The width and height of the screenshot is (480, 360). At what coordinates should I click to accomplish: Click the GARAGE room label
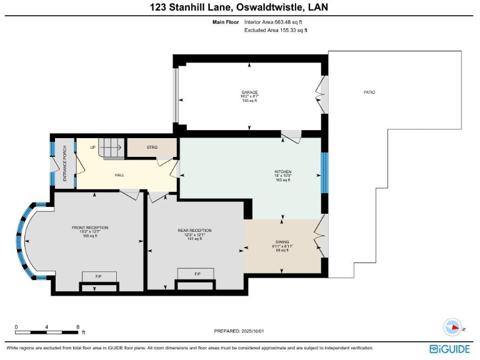pyautogui.click(x=249, y=92)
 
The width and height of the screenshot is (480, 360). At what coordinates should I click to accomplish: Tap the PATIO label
pyautogui.click(x=369, y=92)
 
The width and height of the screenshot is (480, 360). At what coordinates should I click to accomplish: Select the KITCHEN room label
pyautogui.click(x=283, y=171)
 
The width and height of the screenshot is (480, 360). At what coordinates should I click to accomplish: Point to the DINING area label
pyautogui.click(x=282, y=242)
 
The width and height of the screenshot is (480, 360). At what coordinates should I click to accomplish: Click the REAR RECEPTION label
pyautogui.click(x=194, y=231)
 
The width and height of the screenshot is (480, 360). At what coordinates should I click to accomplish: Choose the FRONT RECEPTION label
pyautogui.click(x=89, y=227)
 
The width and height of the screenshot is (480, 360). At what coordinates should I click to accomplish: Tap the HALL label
pyautogui.click(x=119, y=175)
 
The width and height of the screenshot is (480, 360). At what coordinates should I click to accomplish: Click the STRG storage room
pyautogui.click(x=152, y=147)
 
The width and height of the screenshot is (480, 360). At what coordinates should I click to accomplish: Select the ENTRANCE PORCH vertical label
pyautogui.click(x=64, y=164)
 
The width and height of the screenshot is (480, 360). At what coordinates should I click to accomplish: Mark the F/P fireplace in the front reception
pyautogui.click(x=99, y=276)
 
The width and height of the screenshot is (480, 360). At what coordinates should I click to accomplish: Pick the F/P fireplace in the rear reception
pyautogui.click(x=196, y=274)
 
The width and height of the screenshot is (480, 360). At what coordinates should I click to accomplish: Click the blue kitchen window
pyautogui.click(x=324, y=172)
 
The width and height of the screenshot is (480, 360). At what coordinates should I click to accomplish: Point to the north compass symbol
pyautogui.click(x=452, y=327)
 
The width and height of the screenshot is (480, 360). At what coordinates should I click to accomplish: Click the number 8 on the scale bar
pyautogui.click(x=77, y=327)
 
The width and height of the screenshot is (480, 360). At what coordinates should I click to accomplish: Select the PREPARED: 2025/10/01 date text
pyautogui.click(x=244, y=331)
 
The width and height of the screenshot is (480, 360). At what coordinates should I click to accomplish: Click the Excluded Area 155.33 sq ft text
pyautogui.click(x=276, y=30)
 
